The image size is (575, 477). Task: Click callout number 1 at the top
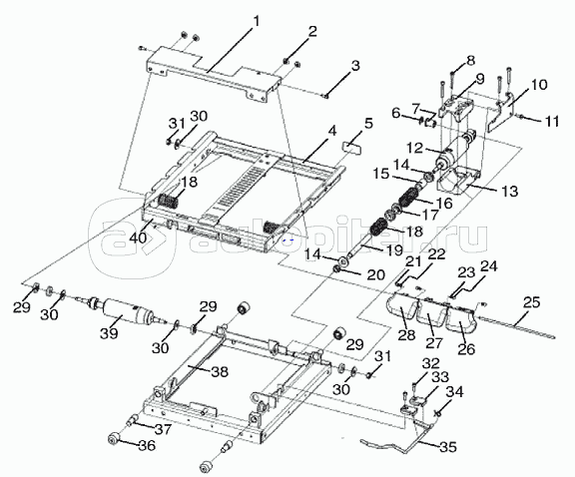click(256, 22)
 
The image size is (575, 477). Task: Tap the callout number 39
click(109, 333)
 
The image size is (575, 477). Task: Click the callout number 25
click(532, 302)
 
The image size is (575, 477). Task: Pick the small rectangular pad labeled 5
click(352, 148)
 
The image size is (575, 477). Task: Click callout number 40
click(138, 238)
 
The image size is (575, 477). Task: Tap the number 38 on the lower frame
click(220, 372)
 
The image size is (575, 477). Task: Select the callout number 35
click(448, 447)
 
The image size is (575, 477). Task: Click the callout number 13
click(509, 191)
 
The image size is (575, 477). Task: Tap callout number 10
click(539, 85)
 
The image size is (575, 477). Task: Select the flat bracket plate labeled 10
click(501, 112)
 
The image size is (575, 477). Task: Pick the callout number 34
click(454, 392)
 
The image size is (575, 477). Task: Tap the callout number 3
click(355, 66)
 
